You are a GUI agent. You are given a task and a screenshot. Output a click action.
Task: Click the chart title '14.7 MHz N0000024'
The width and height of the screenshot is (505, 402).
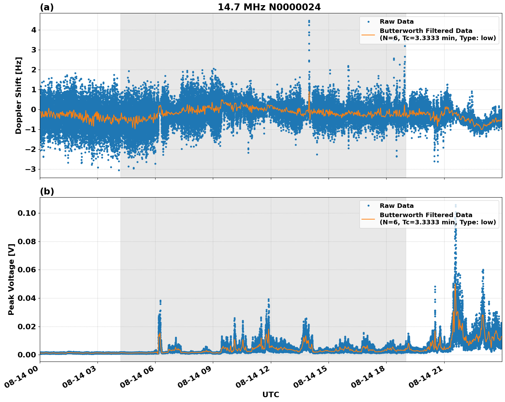point(269,7)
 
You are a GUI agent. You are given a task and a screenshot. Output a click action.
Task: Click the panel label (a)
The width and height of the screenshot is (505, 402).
point(47,7)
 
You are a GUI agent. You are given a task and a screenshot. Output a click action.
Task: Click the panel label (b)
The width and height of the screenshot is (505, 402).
point(47,191)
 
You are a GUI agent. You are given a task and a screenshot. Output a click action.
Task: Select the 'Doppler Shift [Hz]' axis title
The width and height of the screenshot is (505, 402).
point(19,95)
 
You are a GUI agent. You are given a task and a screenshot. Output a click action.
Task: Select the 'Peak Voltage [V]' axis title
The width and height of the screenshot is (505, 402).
point(11,279)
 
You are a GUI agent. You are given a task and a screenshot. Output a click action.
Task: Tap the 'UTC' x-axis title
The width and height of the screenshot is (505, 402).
point(271,394)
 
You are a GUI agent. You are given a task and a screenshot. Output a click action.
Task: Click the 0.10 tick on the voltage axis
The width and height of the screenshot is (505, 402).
point(27,213)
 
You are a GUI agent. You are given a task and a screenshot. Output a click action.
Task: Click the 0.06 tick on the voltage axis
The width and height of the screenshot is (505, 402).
point(27,270)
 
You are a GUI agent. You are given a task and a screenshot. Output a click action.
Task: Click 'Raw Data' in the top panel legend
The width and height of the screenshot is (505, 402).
point(397,22)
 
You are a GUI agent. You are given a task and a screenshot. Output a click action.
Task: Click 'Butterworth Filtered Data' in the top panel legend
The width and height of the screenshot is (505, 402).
point(426,31)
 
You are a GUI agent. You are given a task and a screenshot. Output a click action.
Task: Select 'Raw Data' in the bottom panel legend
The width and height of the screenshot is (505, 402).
point(397,206)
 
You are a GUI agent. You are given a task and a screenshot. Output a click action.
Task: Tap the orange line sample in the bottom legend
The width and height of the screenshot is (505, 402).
point(368,218)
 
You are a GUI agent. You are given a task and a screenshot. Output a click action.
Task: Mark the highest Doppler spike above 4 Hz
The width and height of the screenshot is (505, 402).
point(309,21)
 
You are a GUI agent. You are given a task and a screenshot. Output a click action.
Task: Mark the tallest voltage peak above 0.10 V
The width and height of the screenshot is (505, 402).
point(456,205)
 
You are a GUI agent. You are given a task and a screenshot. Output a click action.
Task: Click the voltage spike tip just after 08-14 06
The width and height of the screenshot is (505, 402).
point(160,300)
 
